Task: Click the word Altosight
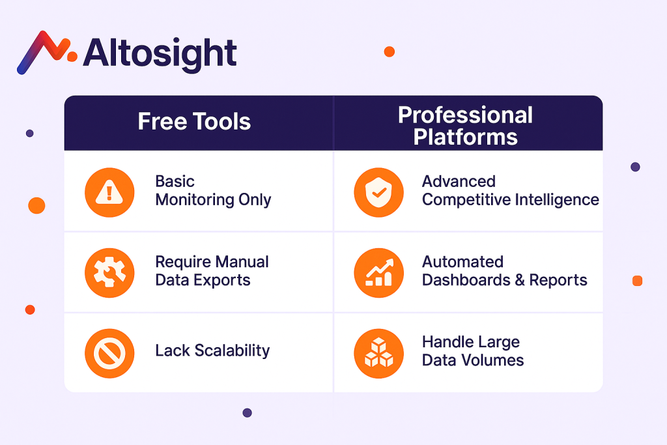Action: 160,53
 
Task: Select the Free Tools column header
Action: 194,121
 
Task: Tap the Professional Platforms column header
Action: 465,126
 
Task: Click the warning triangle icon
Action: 109,192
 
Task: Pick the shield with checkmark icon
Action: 378,192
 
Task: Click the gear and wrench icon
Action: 109,273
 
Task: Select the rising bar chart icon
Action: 378,273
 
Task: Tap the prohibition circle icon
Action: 109,353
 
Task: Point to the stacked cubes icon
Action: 378,353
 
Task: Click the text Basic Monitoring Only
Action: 213,191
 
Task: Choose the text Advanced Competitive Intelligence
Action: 511,191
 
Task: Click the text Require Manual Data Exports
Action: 212,271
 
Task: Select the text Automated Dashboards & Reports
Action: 505,271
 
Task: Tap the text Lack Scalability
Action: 212,351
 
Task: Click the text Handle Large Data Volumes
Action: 473,351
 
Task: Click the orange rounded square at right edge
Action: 637,281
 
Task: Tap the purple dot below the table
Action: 247,412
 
